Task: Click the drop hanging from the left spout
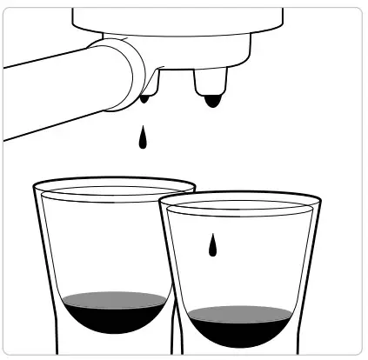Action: tap(144, 99)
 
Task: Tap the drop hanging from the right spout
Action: tap(211, 103)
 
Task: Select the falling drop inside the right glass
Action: tap(211, 246)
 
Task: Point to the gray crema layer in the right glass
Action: tap(238, 311)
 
